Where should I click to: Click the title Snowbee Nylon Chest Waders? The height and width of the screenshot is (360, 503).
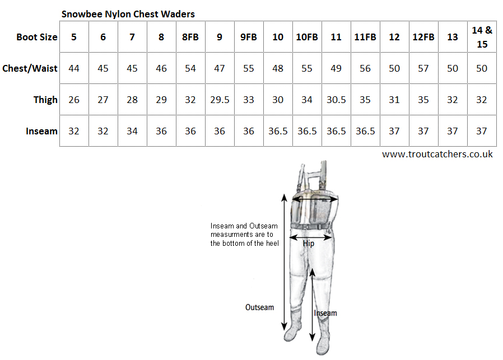tap(128, 13)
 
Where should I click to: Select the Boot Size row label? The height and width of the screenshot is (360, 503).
tap(37, 38)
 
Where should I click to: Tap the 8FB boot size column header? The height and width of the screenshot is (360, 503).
tap(190, 38)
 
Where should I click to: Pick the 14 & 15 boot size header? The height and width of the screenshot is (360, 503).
tap(482, 37)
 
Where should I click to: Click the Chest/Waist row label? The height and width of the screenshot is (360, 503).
tap(30, 68)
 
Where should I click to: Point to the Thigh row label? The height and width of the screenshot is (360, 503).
tap(45, 100)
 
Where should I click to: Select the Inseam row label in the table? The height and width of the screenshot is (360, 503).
tap(41, 131)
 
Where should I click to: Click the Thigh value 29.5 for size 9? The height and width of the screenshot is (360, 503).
tap(219, 100)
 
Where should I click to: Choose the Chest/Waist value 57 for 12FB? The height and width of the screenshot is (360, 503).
tap(423, 68)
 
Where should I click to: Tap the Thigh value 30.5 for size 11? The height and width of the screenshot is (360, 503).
tap(336, 100)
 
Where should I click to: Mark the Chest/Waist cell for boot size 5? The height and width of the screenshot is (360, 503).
tap(74, 68)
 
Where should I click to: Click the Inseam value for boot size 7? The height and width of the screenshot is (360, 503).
tap(132, 131)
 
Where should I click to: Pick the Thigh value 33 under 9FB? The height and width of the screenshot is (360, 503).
tap(248, 100)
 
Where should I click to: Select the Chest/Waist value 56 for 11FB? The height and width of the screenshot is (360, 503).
tap(365, 68)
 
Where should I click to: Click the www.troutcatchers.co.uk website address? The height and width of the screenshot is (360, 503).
tap(437, 154)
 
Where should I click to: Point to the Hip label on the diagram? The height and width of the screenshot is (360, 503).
tap(309, 244)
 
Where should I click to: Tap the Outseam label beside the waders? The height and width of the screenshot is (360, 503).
tap(260, 307)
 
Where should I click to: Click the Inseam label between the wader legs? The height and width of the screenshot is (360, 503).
tap(325, 313)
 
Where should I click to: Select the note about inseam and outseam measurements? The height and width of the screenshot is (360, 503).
tap(244, 235)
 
